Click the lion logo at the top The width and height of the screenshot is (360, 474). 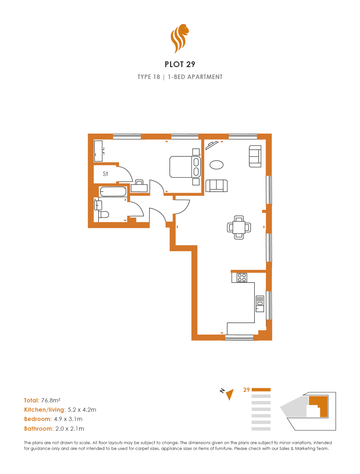(180, 39)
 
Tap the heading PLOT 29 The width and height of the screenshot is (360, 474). (180, 64)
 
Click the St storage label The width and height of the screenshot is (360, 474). (105, 174)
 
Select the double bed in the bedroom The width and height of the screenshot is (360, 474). (185, 167)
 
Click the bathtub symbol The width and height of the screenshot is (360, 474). (113, 191)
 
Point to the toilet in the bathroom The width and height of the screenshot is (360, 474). (104, 215)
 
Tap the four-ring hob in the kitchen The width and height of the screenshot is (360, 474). (242, 277)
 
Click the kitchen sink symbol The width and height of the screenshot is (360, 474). (260, 303)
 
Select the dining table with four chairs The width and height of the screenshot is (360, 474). (239, 227)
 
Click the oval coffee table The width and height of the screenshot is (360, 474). (216, 165)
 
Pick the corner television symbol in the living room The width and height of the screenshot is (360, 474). (212, 145)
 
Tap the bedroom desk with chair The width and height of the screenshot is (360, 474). (139, 186)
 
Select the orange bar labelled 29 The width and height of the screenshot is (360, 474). (261, 390)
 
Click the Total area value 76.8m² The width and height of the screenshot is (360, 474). (51, 400)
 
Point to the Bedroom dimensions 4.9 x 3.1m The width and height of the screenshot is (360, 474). (68, 419)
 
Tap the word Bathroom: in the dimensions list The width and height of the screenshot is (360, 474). (39, 428)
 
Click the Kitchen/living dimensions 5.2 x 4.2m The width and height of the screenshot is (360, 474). (82, 410)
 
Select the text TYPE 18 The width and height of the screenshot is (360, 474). (149, 77)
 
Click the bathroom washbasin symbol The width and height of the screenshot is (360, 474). (98, 205)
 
